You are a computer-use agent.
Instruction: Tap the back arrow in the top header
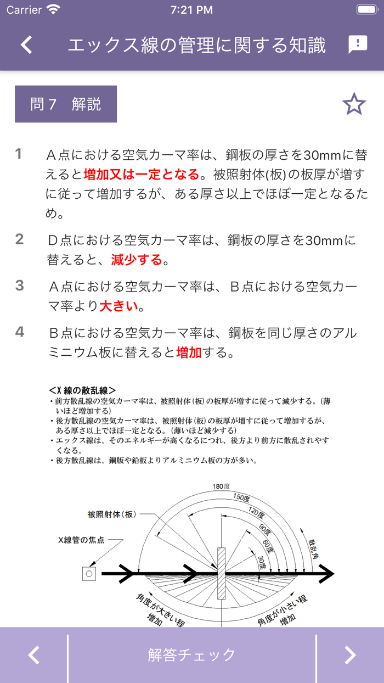26,44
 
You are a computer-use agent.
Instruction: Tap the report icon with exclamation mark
358,44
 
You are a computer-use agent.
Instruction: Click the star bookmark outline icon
354,104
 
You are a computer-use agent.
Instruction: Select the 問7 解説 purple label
66,104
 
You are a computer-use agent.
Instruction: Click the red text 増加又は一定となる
142,175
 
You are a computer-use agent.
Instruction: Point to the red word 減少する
137,259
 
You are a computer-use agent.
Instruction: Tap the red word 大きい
118,306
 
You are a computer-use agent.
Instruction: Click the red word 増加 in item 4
189,352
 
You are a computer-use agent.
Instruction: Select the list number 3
20,285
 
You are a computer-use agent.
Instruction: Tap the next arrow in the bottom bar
349,654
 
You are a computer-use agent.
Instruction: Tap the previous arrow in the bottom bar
34,654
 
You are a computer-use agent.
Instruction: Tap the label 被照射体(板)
111,514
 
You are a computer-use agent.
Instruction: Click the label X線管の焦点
81,540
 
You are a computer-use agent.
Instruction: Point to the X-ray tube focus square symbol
88,574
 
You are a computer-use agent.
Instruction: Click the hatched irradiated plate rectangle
222,574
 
